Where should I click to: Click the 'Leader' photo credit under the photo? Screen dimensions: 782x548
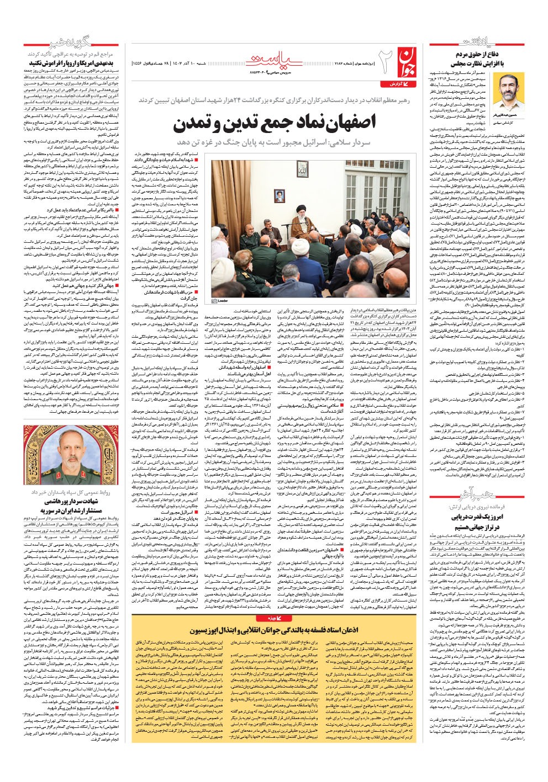click(x=220, y=301)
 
